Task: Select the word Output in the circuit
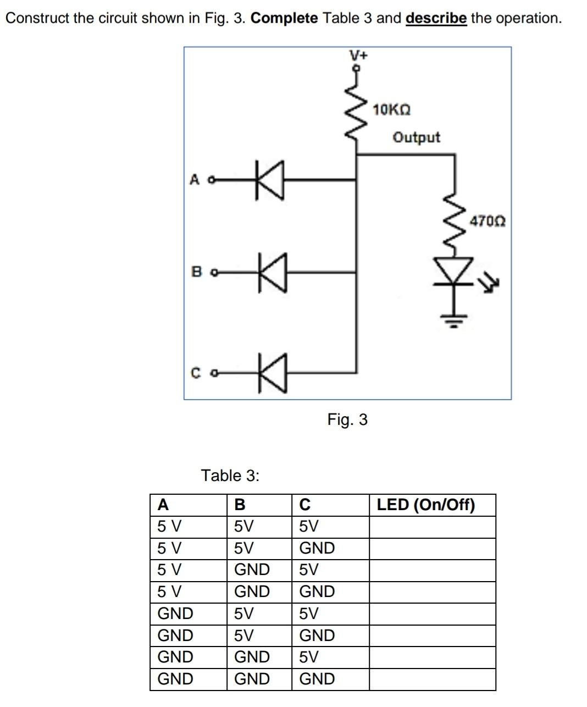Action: point(416,137)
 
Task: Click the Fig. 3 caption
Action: point(347,420)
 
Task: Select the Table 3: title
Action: point(230,476)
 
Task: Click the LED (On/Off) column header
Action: point(425,505)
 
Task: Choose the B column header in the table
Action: point(240,505)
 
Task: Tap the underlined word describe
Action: point(436,18)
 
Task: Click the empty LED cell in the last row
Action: point(432,679)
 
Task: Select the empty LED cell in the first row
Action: point(432,527)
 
